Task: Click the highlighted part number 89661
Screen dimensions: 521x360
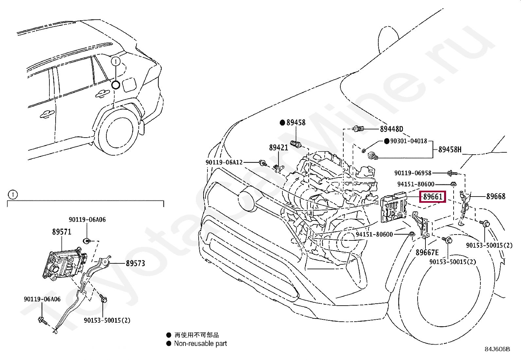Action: pyautogui.click(x=433, y=197)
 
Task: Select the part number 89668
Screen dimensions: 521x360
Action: pyautogui.click(x=496, y=196)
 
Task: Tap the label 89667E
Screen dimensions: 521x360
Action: pyautogui.click(x=427, y=253)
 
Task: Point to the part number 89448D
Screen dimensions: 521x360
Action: pyautogui.click(x=392, y=129)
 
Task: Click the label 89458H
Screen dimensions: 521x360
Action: pyautogui.click(x=450, y=149)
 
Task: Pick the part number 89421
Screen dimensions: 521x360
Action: pyautogui.click(x=278, y=147)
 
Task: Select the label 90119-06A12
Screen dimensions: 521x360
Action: pyautogui.click(x=224, y=162)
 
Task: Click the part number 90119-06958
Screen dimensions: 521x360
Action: pyautogui.click(x=413, y=173)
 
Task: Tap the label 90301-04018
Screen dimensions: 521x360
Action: pyautogui.click(x=409, y=141)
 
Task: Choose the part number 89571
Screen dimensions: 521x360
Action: pyautogui.click(x=62, y=232)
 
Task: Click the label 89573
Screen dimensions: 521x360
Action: pyautogui.click(x=135, y=263)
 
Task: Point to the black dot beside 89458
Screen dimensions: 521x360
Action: pyautogui.click(x=282, y=123)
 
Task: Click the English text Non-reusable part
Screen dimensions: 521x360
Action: pyautogui.click(x=201, y=344)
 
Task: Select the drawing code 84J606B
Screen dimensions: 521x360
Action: pyautogui.click(x=497, y=349)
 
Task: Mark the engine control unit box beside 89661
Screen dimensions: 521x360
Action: pyautogui.click(x=393, y=207)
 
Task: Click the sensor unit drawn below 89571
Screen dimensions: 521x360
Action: pyautogui.click(x=65, y=265)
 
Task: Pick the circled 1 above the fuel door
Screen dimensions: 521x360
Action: pyautogui.click(x=116, y=62)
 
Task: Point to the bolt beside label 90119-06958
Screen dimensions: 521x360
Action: pyautogui.click(x=452, y=173)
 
